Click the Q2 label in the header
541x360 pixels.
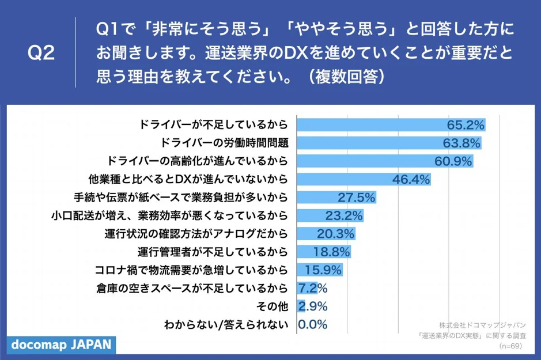pyautogui.click(x=41, y=54)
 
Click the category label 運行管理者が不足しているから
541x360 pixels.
pyautogui.click(x=212, y=252)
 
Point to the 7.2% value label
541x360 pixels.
pyautogui.click(x=313, y=288)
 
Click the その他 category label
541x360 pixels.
pyautogui.click(x=274, y=306)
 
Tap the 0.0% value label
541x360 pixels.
pyautogui.click(x=313, y=324)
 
